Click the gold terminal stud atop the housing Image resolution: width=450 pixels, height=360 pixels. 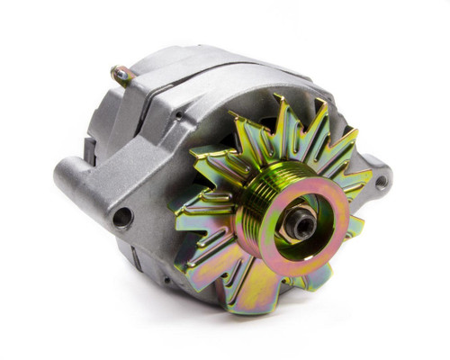click(x=119, y=73)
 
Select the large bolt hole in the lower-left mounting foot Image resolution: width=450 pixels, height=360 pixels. click(x=120, y=216)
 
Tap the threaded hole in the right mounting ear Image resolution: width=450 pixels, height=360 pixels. click(x=381, y=182)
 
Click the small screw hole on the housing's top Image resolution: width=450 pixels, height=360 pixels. click(x=179, y=117)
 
